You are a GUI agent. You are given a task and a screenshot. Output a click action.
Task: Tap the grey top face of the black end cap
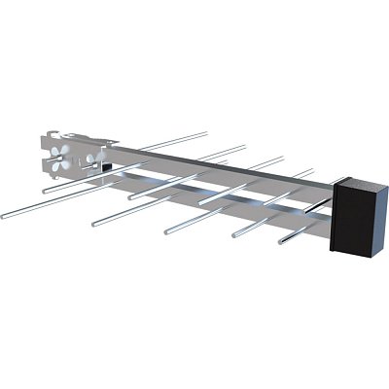click(x=359, y=183)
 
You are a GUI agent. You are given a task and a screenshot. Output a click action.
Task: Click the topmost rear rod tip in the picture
click(x=207, y=133)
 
